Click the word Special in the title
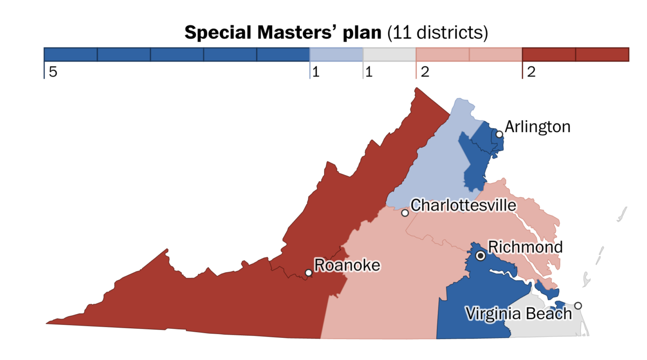click(219, 33)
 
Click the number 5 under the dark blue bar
click(52, 72)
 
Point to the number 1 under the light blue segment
click(316, 72)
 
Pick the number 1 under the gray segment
click(369, 72)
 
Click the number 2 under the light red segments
click(424, 72)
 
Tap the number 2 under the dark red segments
click(531, 72)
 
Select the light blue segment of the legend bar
click(336, 54)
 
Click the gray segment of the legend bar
click(389, 54)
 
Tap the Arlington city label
click(537, 127)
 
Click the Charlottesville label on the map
click(463, 205)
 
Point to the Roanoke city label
click(347, 265)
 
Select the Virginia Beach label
click(518, 313)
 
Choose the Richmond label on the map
click(525, 247)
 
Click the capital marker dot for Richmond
click(480, 256)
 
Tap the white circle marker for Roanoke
click(308, 273)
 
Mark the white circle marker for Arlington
click(500, 134)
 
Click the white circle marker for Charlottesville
click(405, 213)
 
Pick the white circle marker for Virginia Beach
click(578, 306)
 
